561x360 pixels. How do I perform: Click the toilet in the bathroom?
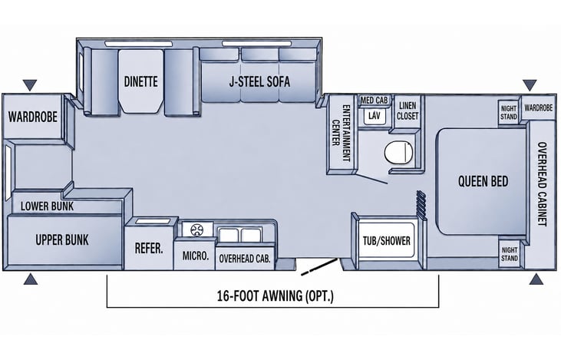(x=398, y=153)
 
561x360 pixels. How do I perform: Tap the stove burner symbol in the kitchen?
(x=196, y=230)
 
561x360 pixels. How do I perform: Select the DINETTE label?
(x=140, y=81)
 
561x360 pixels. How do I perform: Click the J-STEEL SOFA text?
(x=259, y=81)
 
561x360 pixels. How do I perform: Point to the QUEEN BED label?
(x=483, y=181)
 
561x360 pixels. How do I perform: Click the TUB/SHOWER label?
(x=386, y=241)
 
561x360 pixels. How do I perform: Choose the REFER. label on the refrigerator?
(x=148, y=248)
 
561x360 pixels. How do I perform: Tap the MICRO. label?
(x=196, y=256)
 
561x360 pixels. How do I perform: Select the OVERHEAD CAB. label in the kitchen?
(x=245, y=259)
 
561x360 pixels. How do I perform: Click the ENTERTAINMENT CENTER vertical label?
(x=341, y=132)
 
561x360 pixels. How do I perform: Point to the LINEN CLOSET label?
(x=408, y=111)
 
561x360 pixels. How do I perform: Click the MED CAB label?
(x=374, y=101)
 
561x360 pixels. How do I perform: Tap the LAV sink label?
(x=374, y=115)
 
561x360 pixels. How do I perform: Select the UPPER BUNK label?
(x=62, y=239)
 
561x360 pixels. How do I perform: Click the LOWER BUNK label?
(x=47, y=206)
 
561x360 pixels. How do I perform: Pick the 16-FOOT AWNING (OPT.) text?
(x=275, y=296)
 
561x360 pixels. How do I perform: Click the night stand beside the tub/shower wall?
(x=509, y=254)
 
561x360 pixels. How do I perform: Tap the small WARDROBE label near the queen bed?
(x=539, y=107)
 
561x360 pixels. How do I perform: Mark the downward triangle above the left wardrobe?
(x=30, y=85)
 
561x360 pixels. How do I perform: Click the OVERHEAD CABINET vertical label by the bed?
(x=543, y=184)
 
